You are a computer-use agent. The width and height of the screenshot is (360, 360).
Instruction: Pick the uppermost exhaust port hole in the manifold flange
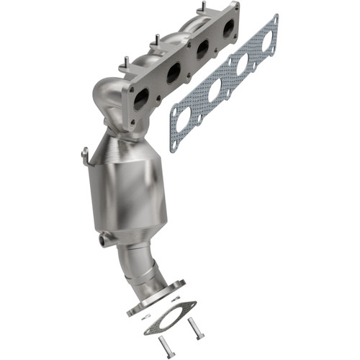point(229,29)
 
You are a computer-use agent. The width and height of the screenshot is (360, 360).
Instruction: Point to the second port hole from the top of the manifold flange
point(203,49)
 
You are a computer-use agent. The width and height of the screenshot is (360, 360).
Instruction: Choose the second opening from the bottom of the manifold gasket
point(215,91)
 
